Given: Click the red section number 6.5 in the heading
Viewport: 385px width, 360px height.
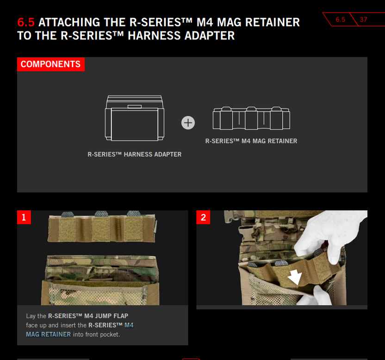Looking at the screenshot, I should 26,22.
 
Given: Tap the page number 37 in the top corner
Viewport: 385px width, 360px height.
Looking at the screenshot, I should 363,19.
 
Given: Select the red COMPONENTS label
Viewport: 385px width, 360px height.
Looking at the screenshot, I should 51,64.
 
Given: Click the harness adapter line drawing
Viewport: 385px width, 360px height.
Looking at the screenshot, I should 135,118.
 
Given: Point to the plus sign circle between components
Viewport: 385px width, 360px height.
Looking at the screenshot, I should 188,123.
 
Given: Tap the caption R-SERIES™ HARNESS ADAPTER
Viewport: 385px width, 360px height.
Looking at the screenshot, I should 135,154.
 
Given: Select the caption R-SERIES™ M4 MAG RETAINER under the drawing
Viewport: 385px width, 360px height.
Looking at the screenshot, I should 251,141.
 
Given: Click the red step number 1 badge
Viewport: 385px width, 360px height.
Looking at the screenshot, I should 24,217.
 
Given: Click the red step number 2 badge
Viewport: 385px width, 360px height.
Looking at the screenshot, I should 203,217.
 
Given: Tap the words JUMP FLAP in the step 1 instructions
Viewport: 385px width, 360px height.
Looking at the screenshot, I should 112,316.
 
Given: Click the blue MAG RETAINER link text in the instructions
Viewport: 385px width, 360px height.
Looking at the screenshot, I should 49,334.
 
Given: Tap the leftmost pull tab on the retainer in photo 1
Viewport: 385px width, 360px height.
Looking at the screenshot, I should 68,214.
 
